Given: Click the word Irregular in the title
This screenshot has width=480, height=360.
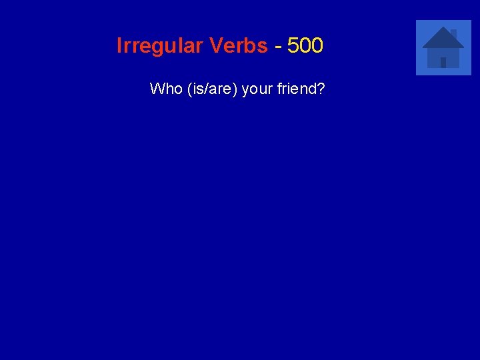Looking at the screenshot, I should click(x=159, y=46).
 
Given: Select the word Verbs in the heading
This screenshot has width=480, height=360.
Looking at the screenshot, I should click(x=238, y=46).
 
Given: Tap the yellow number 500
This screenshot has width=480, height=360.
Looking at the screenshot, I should click(x=305, y=46).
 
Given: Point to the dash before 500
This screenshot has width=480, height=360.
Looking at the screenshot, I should click(x=277, y=47).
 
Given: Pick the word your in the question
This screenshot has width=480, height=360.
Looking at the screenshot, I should click(x=255, y=89).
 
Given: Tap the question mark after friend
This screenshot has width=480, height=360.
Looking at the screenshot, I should click(x=321, y=89).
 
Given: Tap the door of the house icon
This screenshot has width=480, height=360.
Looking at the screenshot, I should click(x=443, y=62).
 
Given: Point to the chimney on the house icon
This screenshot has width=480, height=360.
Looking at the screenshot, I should click(x=453, y=32).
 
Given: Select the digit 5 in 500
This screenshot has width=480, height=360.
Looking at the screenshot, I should click(x=293, y=46).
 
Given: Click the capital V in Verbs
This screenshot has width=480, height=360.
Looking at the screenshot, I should click(x=215, y=46).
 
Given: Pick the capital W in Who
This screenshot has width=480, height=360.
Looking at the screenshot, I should click(x=157, y=89).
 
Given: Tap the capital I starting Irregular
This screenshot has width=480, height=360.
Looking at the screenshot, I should click(x=119, y=46).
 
